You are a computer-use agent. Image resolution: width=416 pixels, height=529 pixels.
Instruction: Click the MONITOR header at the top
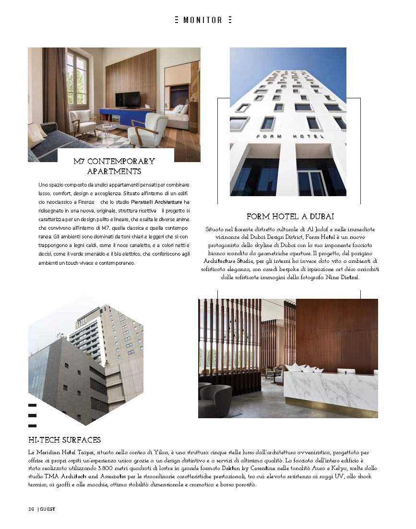(x=202, y=20)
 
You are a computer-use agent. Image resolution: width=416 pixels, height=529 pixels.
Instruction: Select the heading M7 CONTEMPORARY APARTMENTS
(x=114, y=166)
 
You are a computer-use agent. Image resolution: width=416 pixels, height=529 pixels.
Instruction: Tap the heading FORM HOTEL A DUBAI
(x=290, y=217)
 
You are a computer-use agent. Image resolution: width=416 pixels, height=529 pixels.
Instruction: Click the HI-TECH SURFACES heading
(x=64, y=440)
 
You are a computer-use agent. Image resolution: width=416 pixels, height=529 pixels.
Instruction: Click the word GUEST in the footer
(x=48, y=509)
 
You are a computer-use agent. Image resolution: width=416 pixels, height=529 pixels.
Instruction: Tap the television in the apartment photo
(x=128, y=99)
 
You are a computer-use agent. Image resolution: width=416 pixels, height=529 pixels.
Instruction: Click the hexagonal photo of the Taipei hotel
(x=86, y=360)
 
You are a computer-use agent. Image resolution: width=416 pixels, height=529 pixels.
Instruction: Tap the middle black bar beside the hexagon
(x=33, y=415)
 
